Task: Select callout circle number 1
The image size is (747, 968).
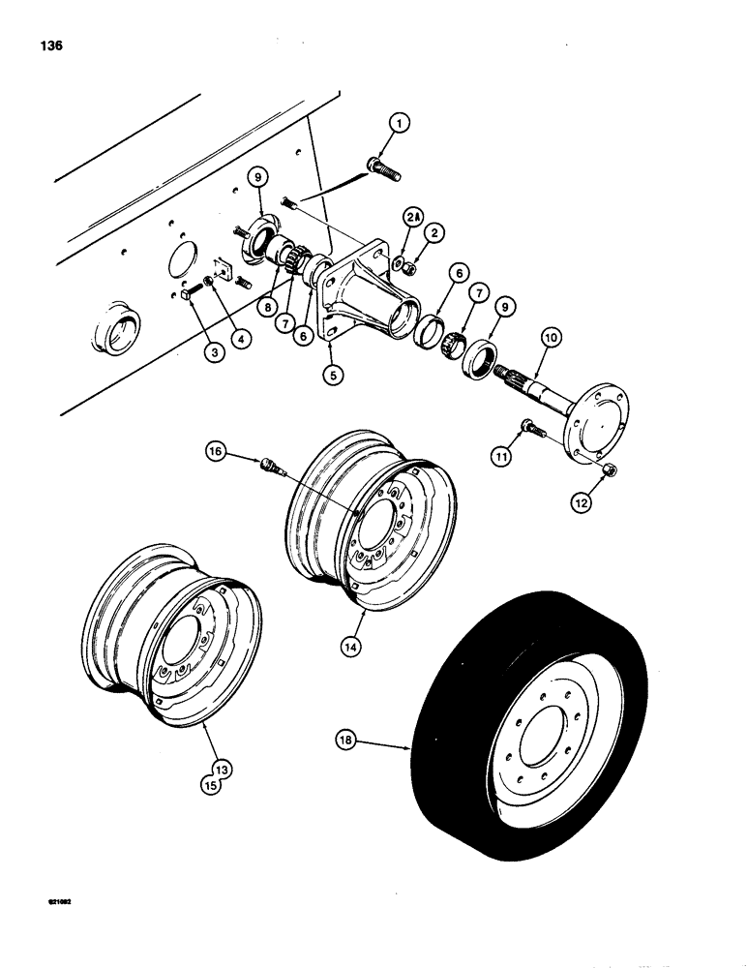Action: tap(400, 124)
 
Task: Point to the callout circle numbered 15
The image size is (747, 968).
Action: tap(212, 785)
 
